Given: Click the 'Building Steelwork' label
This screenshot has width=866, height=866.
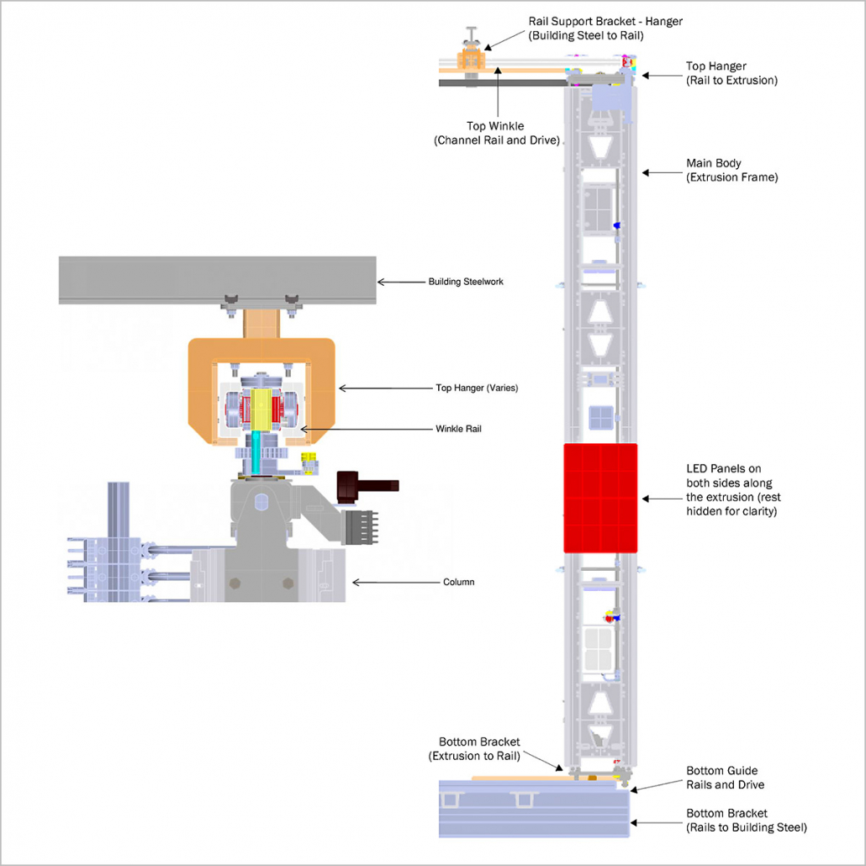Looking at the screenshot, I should point(466,282).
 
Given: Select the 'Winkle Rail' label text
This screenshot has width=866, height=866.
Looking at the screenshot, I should point(458,428).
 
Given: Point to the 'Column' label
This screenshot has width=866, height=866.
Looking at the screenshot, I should point(458,582).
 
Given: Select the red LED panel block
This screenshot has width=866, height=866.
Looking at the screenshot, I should point(600,498).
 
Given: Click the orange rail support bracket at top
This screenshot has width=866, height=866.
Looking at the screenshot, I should point(472,60).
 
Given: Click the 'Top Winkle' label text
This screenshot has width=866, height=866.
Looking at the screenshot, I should point(496,133).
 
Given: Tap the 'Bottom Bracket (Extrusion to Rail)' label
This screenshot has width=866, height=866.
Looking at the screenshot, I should point(479,748).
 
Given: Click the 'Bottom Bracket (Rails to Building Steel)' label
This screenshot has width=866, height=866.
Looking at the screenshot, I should point(746,821).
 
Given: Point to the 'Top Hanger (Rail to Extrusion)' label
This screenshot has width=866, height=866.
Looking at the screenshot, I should point(731,73).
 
